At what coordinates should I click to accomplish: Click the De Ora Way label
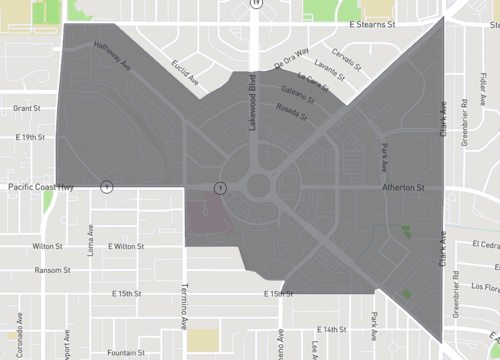291,56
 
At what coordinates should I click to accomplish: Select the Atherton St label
404,187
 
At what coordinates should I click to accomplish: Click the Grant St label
25,107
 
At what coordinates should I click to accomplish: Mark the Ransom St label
52,270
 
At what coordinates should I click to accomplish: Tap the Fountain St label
126,352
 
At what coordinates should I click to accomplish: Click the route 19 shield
257,4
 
